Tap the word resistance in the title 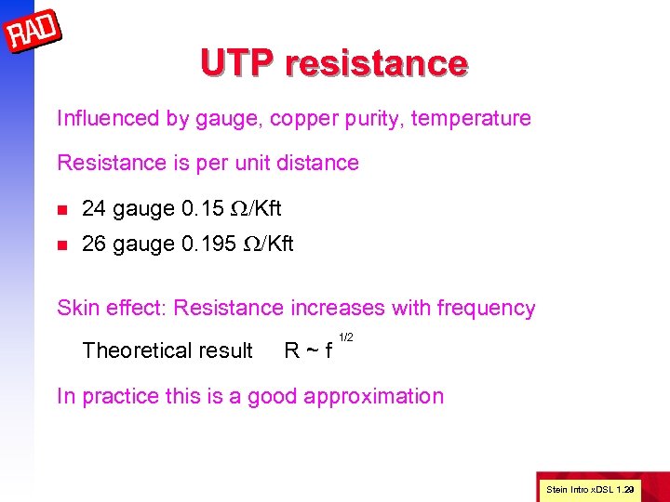pyautogui.click(x=377, y=63)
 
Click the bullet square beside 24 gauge pyautogui.click(x=62, y=209)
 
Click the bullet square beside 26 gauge pyautogui.click(x=62, y=244)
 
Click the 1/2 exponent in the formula pyautogui.click(x=345, y=337)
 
